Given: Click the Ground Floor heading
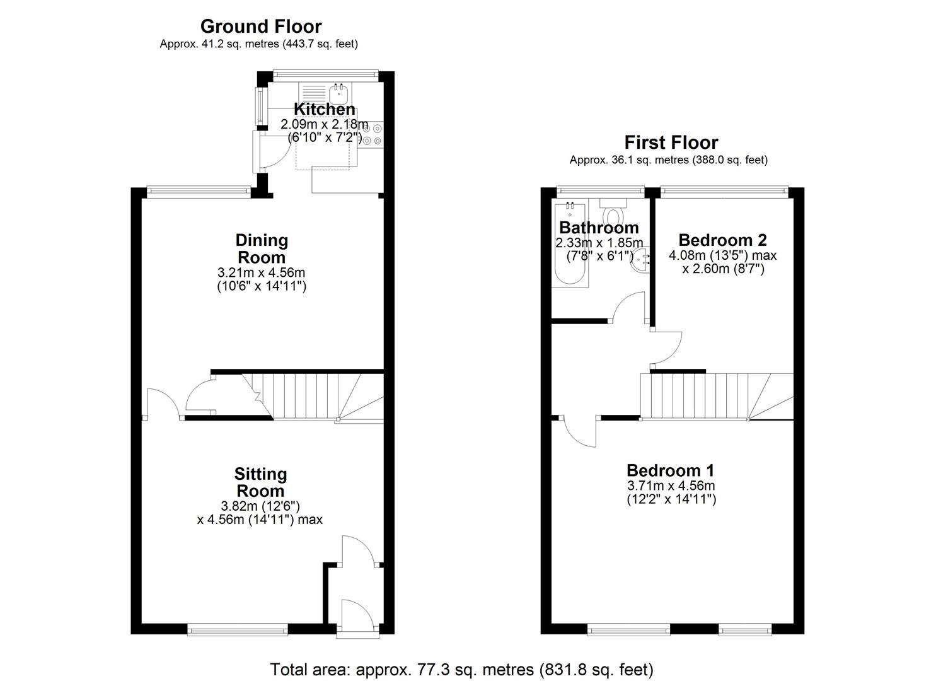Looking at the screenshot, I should pyautogui.click(x=261, y=26).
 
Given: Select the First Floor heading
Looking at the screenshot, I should pyautogui.click(x=671, y=143).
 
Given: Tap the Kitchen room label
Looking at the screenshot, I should pyautogui.click(x=325, y=109).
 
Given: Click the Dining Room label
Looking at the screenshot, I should pyautogui.click(x=262, y=248).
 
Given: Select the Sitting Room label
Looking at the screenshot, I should pyautogui.click(x=260, y=482).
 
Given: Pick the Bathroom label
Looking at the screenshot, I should pyautogui.click(x=599, y=228).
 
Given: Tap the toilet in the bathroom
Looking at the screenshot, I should pyautogui.click(x=612, y=211).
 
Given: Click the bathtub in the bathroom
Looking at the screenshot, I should pyautogui.click(x=570, y=246).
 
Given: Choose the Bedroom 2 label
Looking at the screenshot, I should pyautogui.click(x=722, y=240).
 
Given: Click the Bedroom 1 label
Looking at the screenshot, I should pyautogui.click(x=671, y=470).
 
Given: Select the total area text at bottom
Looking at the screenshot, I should pyautogui.click(x=461, y=669).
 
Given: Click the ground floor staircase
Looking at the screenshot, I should pyautogui.click(x=309, y=396).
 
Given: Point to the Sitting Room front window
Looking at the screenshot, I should pyautogui.click(x=238, y=628).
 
